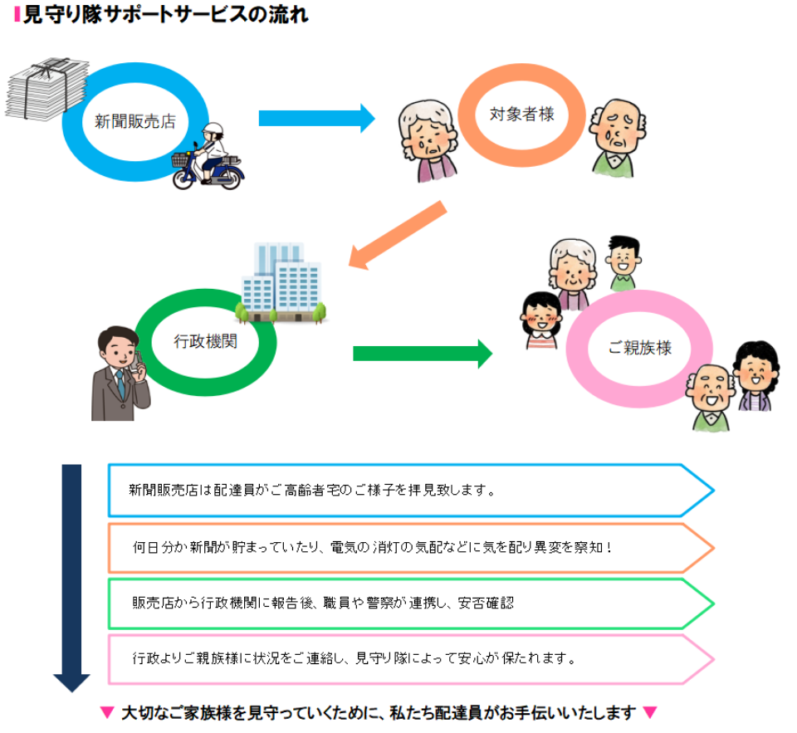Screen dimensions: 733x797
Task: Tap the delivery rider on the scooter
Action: click(x=208, y=157)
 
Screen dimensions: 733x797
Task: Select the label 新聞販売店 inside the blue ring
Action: click(x=134, y=121)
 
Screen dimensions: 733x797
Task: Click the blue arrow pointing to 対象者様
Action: click(x=316, y=118)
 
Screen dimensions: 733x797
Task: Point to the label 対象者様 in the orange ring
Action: click(x=521, y=115)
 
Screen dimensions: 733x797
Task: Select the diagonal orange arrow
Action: click(x=398, y=236)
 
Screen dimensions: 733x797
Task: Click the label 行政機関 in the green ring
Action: click(x=205, y=341)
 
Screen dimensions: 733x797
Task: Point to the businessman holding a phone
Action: click(x=120, y=373)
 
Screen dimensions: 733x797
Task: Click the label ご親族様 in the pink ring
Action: click(x=639, y=349)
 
